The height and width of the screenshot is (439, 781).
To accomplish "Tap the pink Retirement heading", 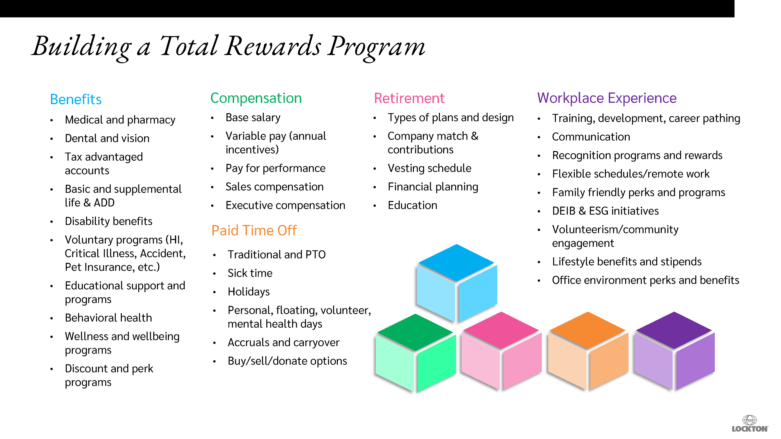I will (409, 98).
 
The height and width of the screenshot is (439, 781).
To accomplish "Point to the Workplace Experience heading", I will (607, 98).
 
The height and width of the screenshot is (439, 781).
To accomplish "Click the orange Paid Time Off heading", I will (254, 230).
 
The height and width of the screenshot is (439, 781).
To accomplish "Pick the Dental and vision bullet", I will (107, 138).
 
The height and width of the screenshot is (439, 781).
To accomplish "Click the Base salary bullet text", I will (253, 117).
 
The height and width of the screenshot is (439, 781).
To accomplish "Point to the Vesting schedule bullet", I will (429, 168).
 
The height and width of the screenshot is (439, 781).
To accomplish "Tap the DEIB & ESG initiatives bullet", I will (605, 211).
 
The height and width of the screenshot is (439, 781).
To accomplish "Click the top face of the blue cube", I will (456, 262).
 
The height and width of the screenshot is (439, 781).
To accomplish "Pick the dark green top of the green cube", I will (415, 332).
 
